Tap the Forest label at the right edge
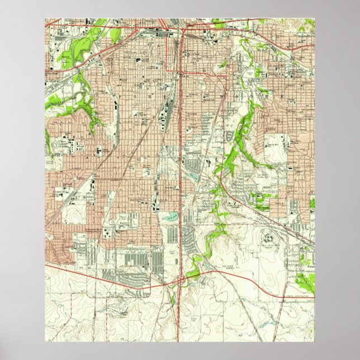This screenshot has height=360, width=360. click(x=309, y=267)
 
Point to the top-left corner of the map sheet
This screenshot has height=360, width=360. click(x=45, y=19)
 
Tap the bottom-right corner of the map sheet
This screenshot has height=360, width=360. click(x=315, y=342)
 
